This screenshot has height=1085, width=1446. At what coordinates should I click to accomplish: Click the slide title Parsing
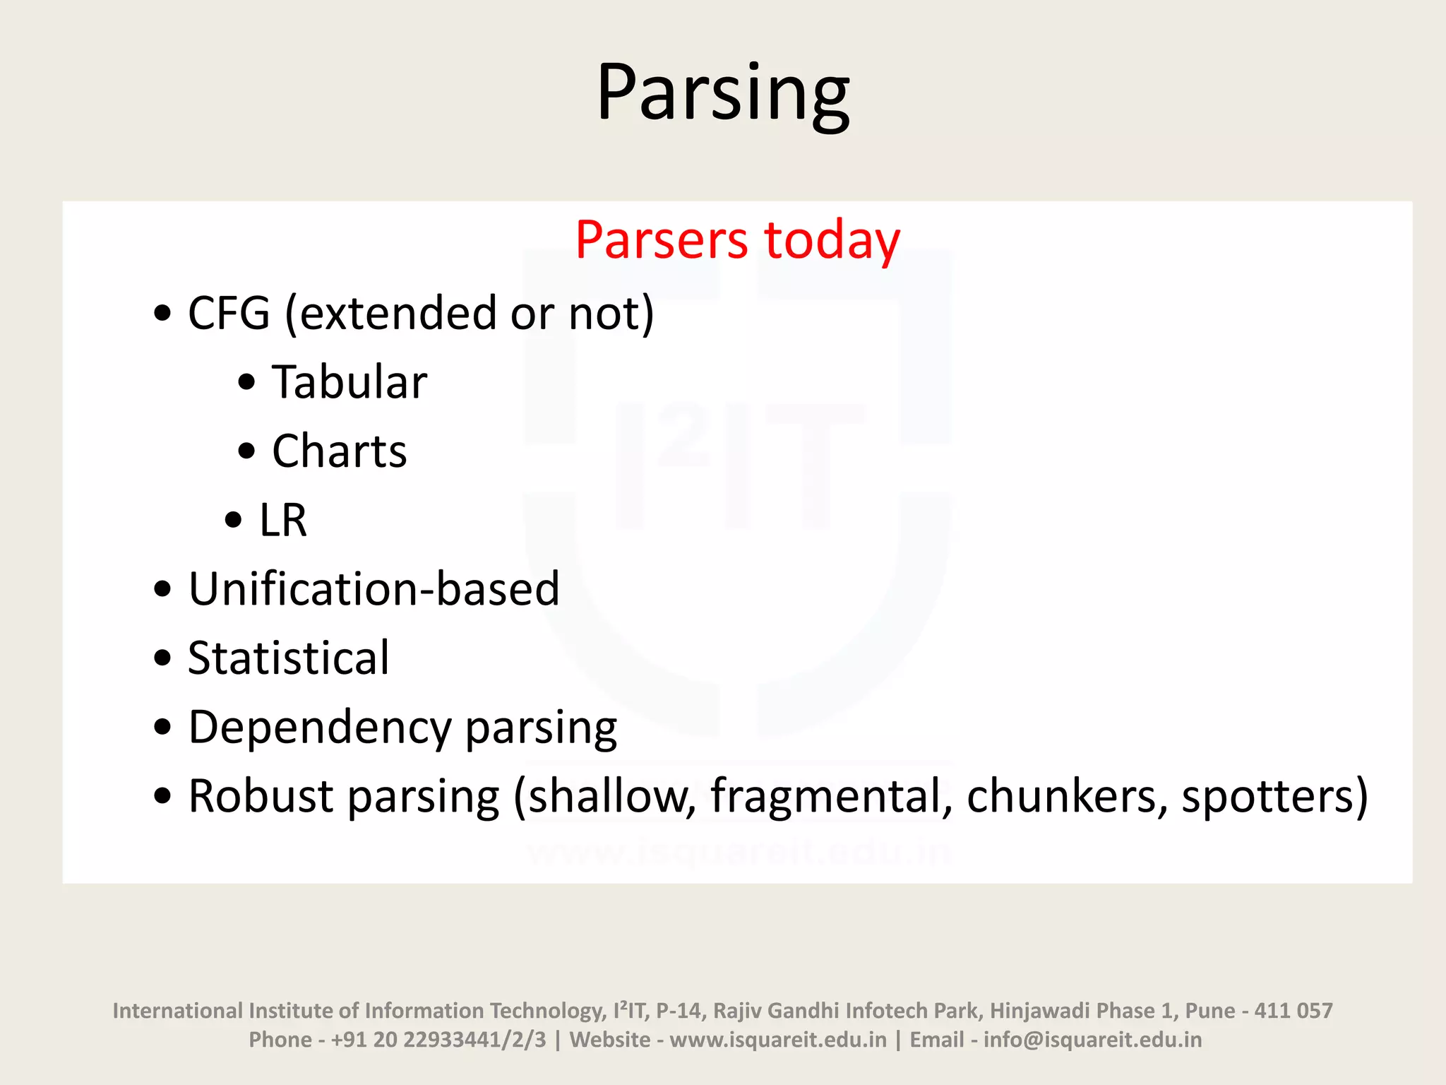[722, 93]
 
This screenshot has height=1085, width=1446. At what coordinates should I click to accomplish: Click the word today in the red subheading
[832, 240]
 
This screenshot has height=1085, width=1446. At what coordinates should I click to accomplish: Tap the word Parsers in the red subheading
[661, 240]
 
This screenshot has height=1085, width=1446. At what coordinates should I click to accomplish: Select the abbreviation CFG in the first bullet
[229, 313]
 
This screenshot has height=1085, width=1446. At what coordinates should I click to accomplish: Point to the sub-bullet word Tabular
[349, 382]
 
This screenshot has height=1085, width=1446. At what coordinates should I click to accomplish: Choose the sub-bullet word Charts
[340, 451]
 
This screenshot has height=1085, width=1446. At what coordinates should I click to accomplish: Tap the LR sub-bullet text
[282, 521]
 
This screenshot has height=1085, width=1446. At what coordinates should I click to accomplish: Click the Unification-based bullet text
[374, 589]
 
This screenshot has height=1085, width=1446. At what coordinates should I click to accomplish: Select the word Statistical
[288, 658]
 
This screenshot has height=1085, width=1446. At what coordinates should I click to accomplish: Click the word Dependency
[319, 728]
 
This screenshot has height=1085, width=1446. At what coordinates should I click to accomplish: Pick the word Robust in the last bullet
[261, 797]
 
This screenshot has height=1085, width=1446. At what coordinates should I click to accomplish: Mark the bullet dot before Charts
[246, 451]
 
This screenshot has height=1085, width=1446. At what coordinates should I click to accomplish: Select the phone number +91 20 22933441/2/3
[438, 1040]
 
